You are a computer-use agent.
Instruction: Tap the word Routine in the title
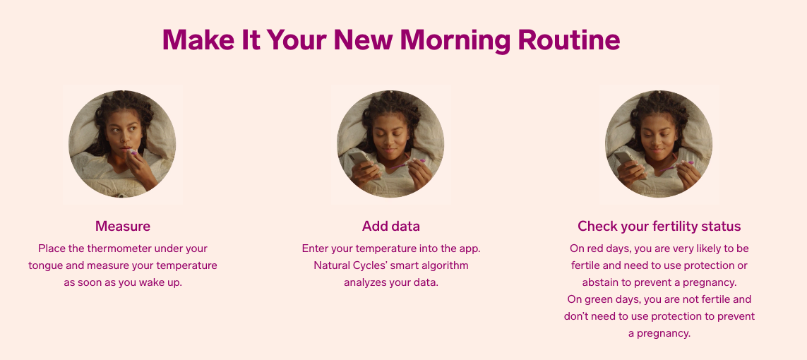point(569,40)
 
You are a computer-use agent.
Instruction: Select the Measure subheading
point(122,227)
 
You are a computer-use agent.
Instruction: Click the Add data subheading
point(391,227)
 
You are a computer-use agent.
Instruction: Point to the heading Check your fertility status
point(659,227)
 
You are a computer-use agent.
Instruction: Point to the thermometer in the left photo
point(133,152)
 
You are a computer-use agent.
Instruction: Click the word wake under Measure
point(151,283)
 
